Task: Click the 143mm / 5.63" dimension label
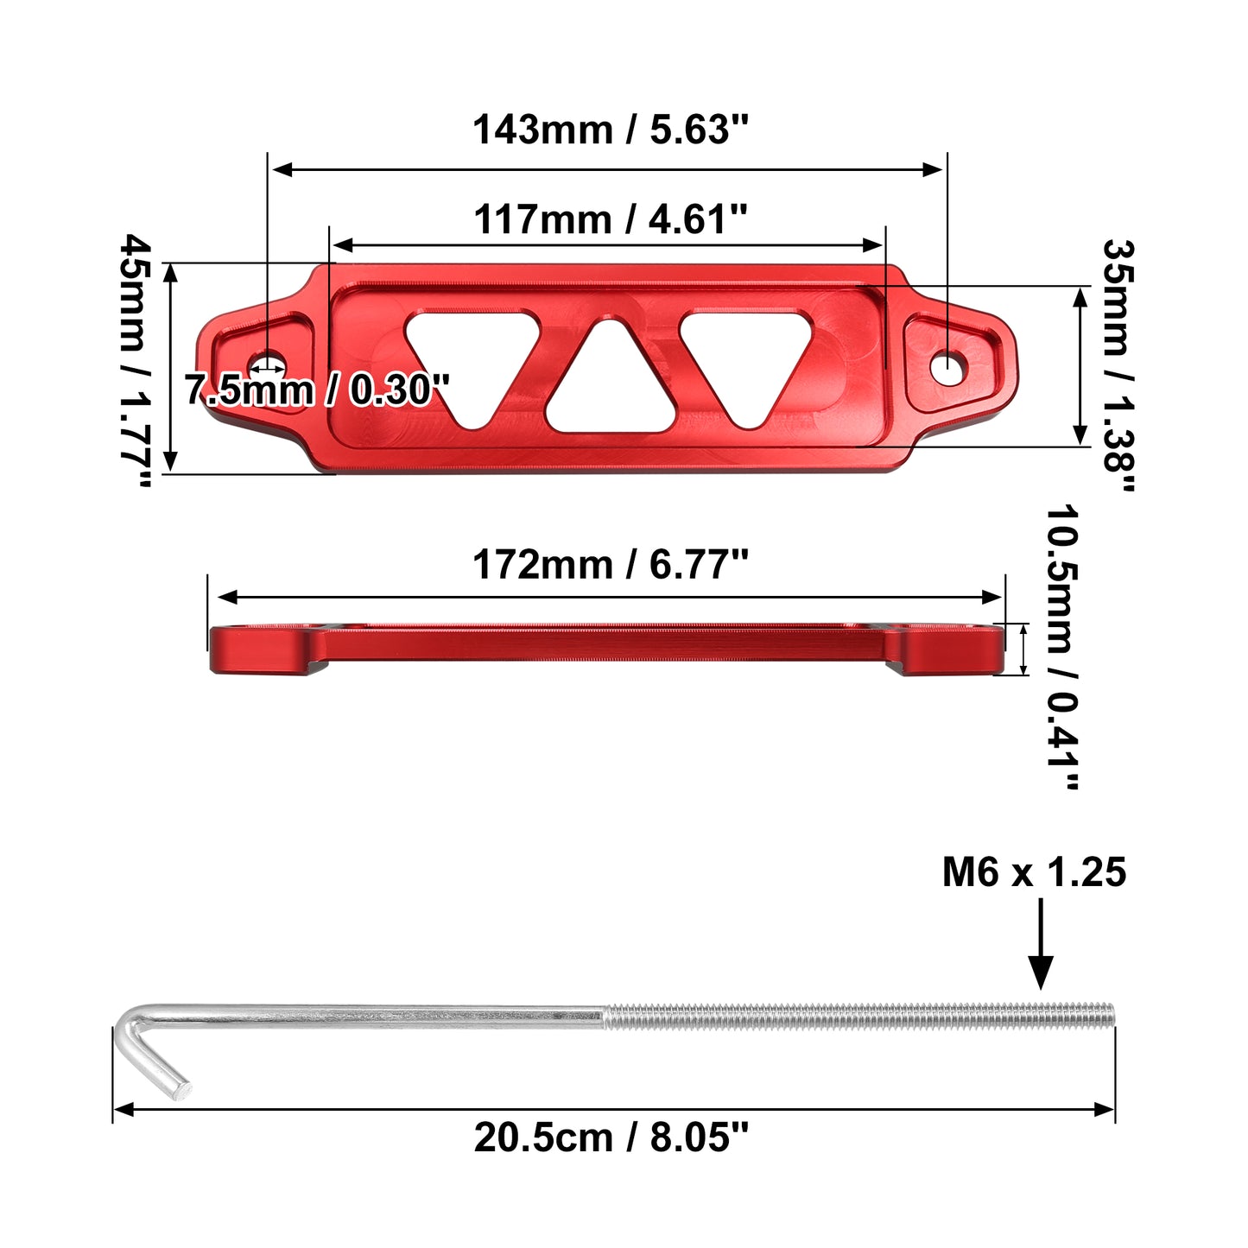point(610,130)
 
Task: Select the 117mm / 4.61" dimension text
point(610,219)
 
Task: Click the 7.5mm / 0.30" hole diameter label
point(317,390)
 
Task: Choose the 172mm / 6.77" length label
point(610,565)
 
